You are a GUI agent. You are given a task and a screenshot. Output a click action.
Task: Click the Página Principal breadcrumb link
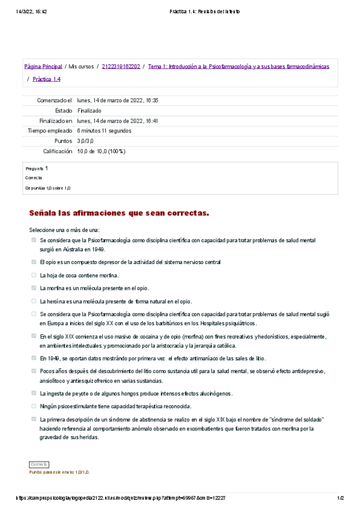43,67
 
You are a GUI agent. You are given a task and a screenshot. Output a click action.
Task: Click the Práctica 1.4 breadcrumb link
46,79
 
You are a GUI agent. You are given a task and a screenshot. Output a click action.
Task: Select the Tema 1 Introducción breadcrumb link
238,67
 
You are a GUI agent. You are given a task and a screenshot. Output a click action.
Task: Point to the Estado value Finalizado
90,111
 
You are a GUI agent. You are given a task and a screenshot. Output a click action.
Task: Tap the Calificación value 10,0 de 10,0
101,151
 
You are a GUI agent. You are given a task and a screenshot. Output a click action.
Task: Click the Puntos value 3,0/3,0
85,141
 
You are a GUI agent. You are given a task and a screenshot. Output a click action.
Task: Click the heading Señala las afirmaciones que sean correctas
119,214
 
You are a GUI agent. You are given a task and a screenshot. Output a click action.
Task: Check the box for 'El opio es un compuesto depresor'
34,262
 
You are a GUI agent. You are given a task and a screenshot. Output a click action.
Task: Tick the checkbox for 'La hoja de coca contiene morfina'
34,275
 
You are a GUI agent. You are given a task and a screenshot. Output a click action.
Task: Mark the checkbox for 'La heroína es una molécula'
34,301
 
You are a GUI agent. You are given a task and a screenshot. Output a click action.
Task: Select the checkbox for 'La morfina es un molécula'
34,288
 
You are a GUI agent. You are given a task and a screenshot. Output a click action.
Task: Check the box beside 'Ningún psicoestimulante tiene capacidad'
34,406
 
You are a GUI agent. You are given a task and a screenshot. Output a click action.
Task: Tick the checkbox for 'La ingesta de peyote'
34,393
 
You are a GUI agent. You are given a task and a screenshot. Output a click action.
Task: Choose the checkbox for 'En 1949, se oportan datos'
34,358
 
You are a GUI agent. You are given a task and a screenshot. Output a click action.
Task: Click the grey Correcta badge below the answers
39,464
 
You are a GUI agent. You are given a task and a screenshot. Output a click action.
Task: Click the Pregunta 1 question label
37,169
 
